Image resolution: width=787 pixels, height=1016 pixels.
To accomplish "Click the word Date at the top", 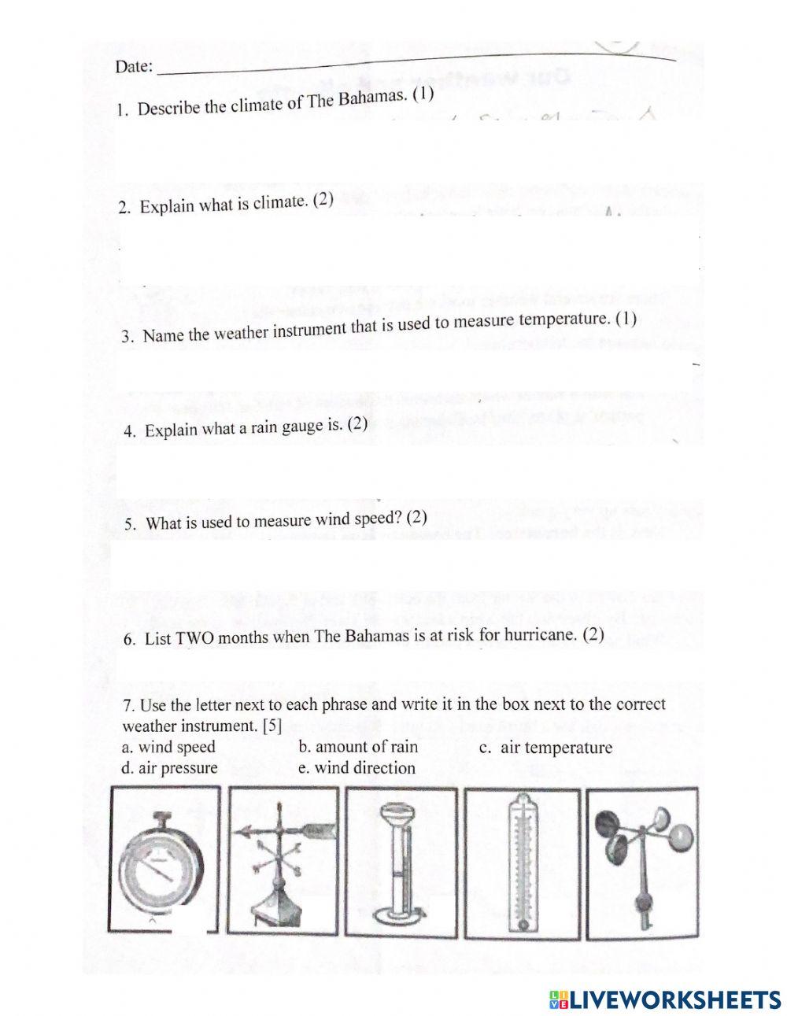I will pyautogui.click(x=133, y=67).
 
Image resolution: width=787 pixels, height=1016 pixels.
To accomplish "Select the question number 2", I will pyautogui.click(x=124, y=208).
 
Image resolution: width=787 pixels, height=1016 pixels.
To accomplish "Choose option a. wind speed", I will pyautogui.click(x=168, y=747).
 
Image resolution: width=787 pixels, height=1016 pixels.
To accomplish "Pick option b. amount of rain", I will pyautogui.click(x=358, y=747).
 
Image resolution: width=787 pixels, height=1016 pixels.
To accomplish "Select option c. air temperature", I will pyautogui.click(x=545, y=748).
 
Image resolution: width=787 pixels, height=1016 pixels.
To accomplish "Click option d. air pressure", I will pyautogui.click(x=169, y=768).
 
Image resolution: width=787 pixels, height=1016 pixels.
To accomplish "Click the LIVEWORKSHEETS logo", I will pyautogui.click(x=664, y=999).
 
